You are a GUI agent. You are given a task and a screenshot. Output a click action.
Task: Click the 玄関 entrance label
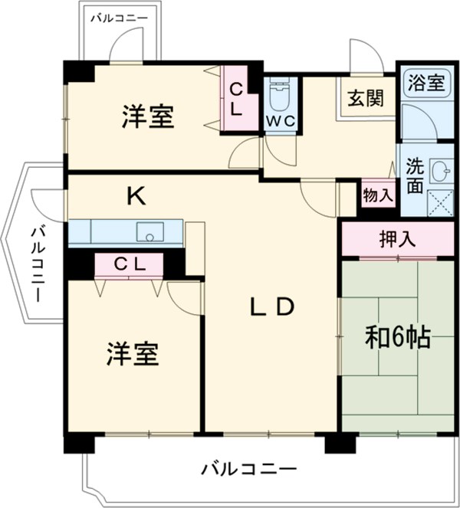pyautogui.click(x=363, y=98)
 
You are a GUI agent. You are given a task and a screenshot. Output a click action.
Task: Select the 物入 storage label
pyautogui.click(x=377, y=195)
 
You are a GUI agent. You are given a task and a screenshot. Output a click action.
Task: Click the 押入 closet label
pyautogui.click(x=397, y=238)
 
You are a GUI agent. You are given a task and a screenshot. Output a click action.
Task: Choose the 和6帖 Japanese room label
pyautogui.click(x=396, y=338)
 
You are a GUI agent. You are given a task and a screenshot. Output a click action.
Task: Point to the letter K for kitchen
pyautogui.click(x=136, y=197)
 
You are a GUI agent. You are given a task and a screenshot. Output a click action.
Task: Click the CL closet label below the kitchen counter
pyautogui.click(x=130, y=264)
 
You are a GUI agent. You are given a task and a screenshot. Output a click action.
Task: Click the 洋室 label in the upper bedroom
pyautogui.click(x=147, y=117)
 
